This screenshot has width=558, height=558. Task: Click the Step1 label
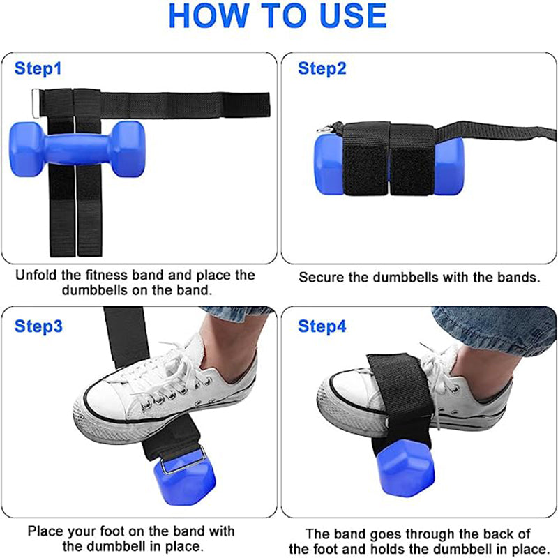(38, 68)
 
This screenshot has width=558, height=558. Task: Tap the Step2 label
(322, 68)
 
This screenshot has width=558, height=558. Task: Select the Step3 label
(38, 326)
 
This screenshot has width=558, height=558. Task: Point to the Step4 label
(322, 326)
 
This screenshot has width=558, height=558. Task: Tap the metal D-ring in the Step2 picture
(324, 128)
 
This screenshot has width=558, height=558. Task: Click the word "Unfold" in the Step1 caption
(39, 276)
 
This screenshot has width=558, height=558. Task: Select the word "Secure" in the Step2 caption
(322, 277)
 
